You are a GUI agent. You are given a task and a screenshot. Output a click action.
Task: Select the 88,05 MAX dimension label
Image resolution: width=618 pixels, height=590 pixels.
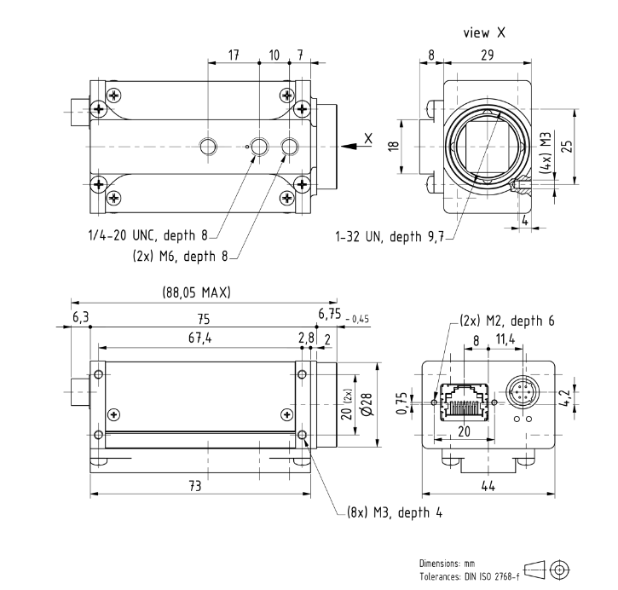tap(195, 292)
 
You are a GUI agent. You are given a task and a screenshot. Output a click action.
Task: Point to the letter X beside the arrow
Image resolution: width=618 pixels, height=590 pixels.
tap(368, 138)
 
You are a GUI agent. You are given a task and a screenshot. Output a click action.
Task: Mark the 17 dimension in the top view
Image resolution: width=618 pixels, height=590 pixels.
tap(234, 55)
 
